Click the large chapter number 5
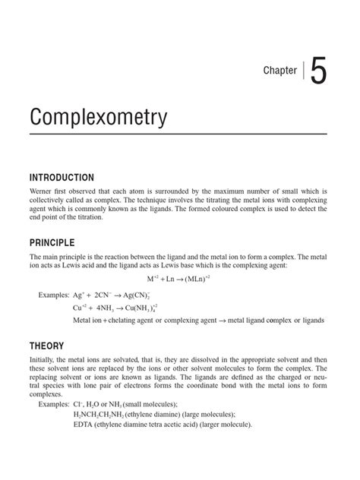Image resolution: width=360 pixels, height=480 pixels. pos(318,71)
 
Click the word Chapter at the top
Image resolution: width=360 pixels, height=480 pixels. pos(280,71)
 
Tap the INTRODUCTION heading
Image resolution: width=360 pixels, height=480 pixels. pos(62,177)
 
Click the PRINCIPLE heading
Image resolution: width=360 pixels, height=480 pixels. pos(52,242)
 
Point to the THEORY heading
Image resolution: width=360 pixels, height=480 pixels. pos(47,346)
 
